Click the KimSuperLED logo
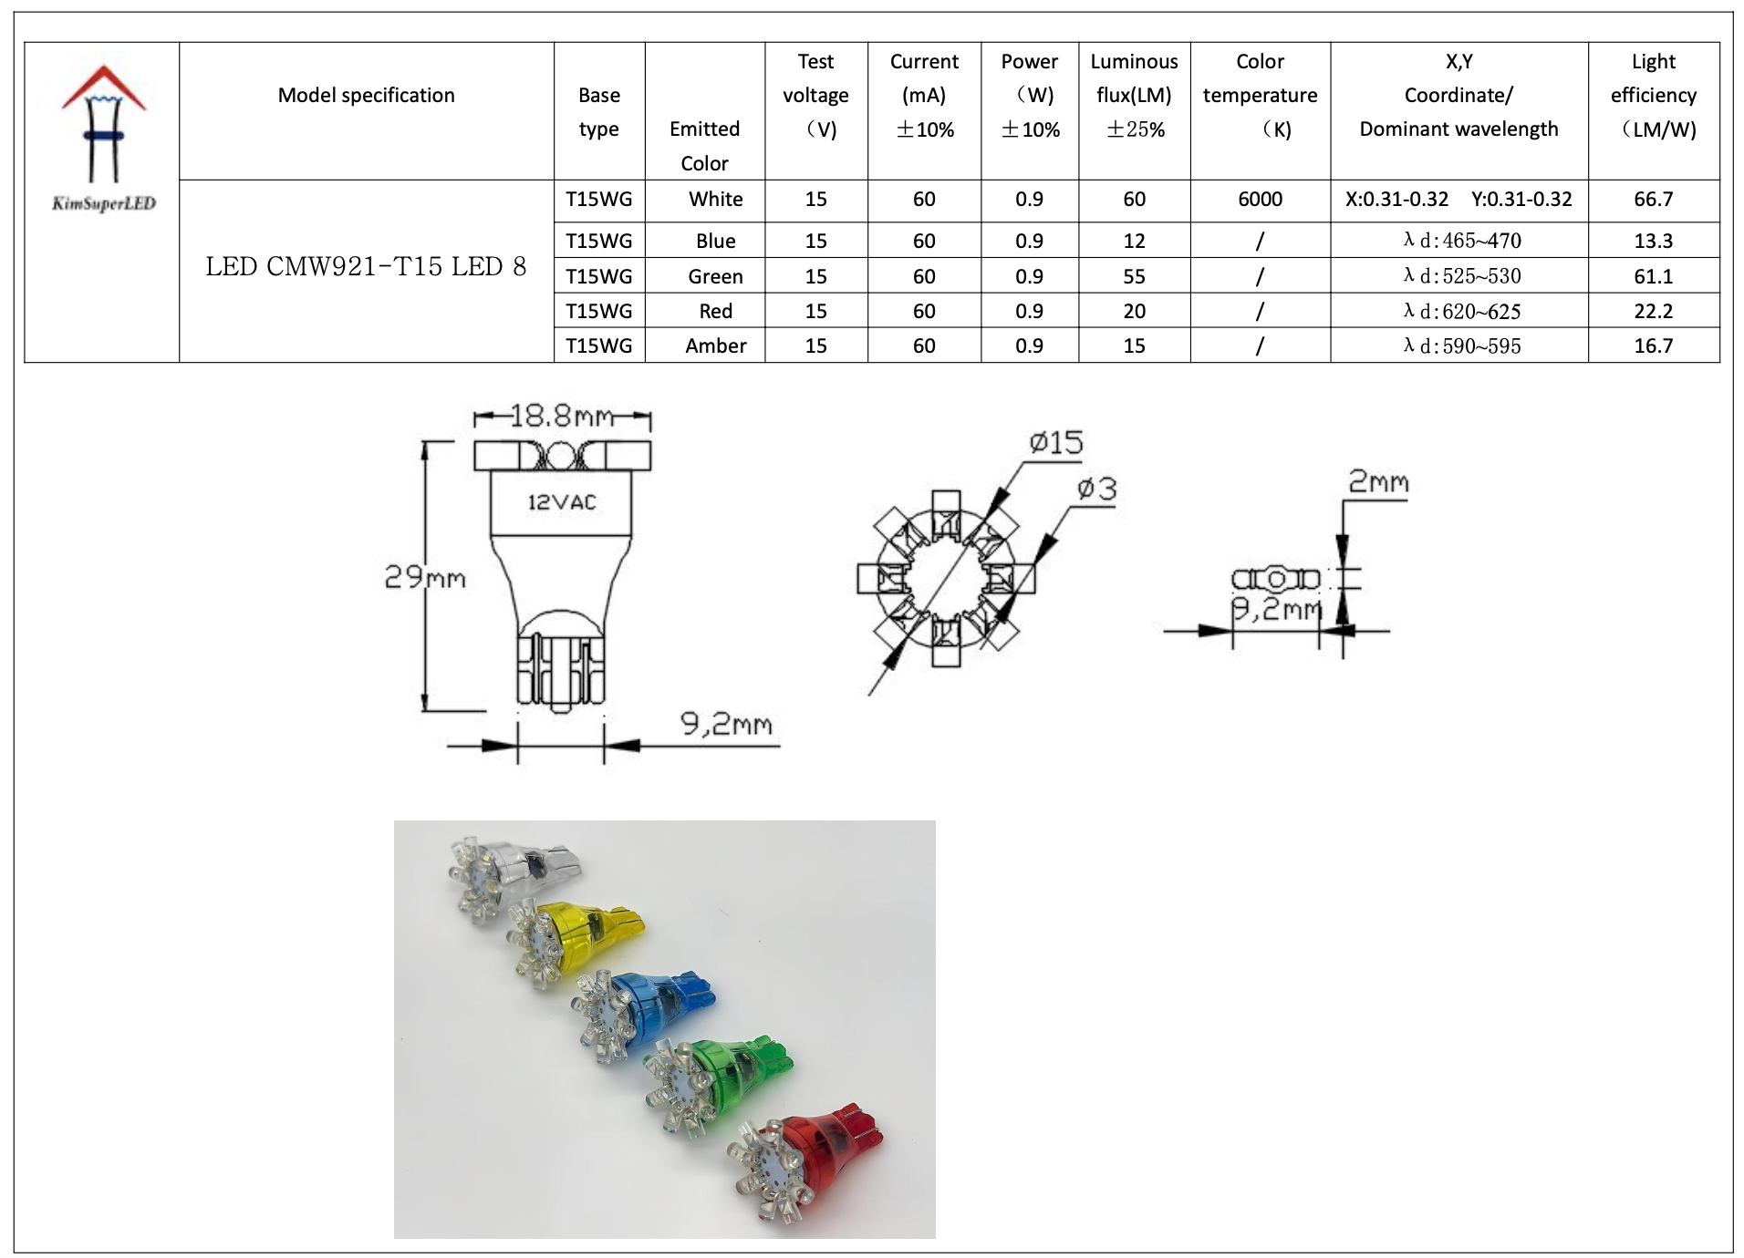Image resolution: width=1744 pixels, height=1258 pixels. pyautogui.click(x=103, y=137)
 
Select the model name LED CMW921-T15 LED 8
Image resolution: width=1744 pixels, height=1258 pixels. pyautogui.click(x=366, y=266)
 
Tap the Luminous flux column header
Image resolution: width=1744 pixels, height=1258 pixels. pyautogui.click(x=1134, y=96)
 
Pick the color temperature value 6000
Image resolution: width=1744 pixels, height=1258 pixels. pyautogui.click(x=1260, y=200)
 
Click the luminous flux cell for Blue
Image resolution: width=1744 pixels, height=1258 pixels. pyautogui.click(x=1134, y=242)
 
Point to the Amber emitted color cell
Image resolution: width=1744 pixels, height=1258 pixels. pyautogui.click(x=715, y=346)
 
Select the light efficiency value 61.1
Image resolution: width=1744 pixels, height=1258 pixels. pyautogui.click(x=1653, y=276)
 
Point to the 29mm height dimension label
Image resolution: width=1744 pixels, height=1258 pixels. pyautogui.click(x=424, y=577)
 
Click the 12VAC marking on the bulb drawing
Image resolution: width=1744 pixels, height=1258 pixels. pyautogui.click(x=562, y=502)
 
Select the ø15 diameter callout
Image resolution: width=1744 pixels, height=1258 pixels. pyautogui.click(x=1056, y=444)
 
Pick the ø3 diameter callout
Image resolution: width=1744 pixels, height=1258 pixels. pyautogui.click(x=1096, y=490)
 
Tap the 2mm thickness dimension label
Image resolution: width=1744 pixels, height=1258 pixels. pyautogui.click(x=1378, y=482)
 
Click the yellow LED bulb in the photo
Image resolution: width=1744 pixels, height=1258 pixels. pyautogui.click(x=584, y=939)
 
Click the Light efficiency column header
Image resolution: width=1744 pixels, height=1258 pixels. pyautogui.click(x=1653, y=96)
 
